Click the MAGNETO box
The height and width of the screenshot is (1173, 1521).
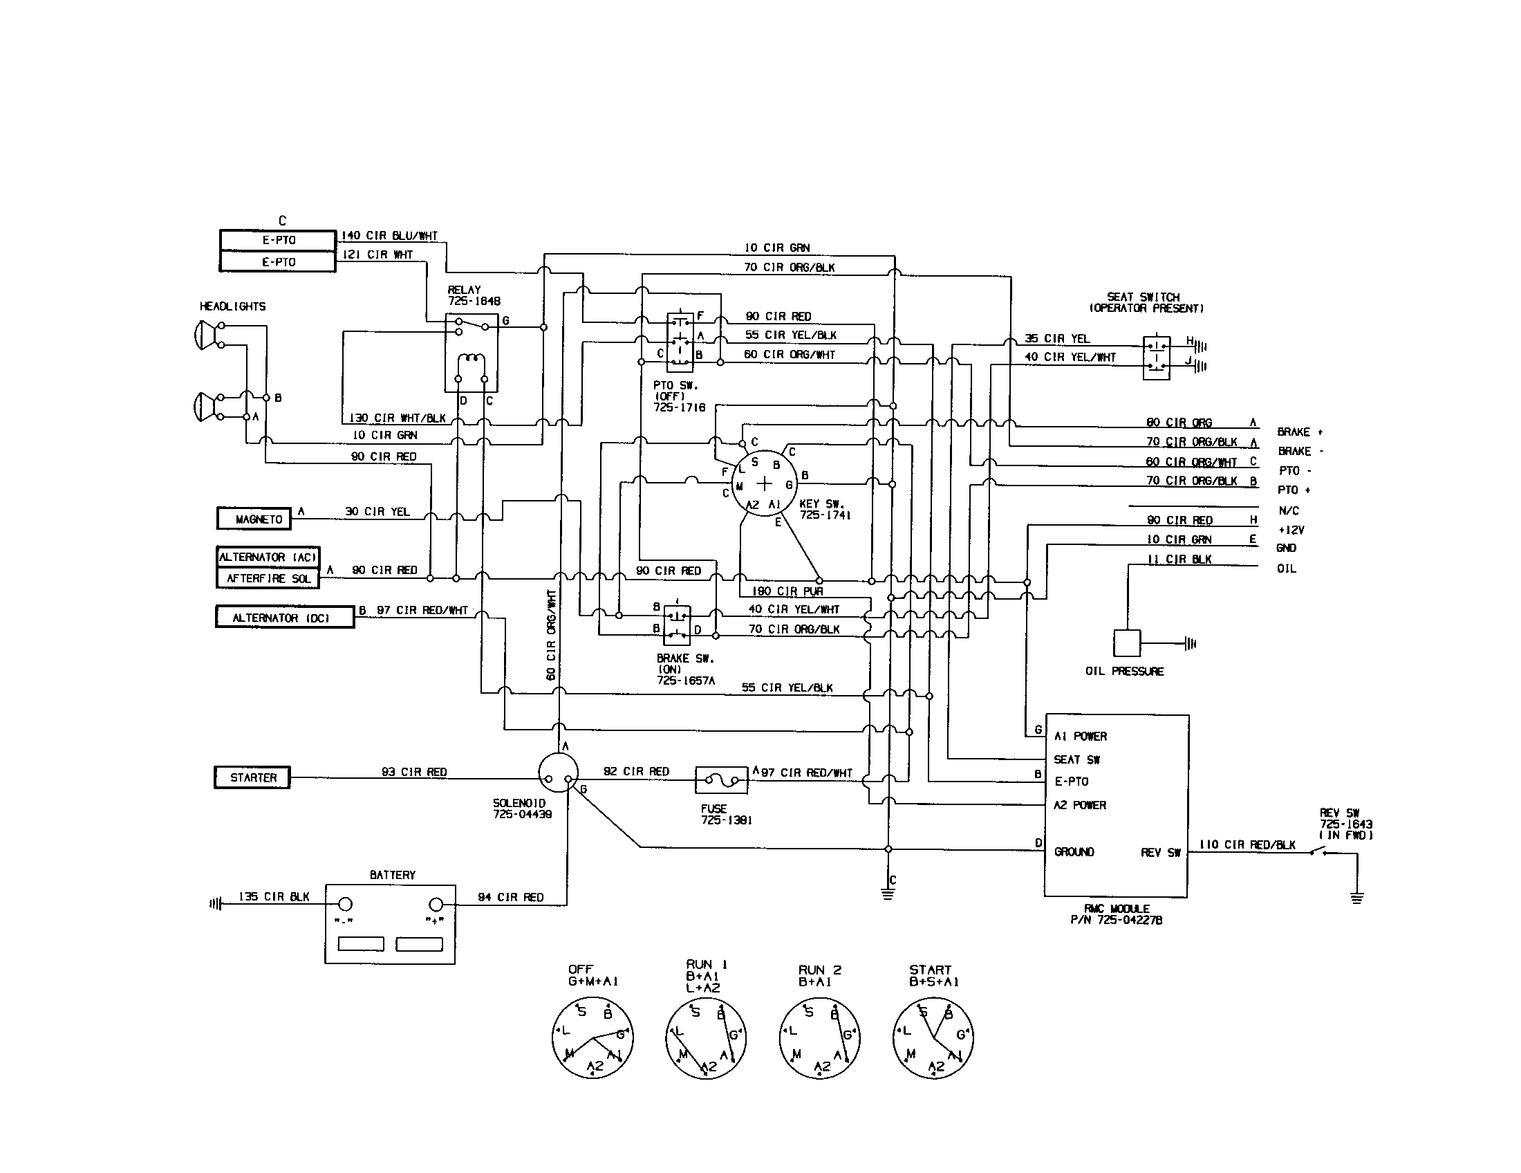coord(259,519)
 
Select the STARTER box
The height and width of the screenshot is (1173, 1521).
coord(252,777)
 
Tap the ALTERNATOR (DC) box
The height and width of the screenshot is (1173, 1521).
coord(284,618)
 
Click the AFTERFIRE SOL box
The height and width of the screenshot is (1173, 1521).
coord(268,578)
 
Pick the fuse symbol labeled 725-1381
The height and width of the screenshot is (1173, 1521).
coord(722,781)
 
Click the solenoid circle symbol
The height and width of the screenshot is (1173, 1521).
coord(559,772)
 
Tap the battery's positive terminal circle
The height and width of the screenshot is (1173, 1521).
coord(436,905)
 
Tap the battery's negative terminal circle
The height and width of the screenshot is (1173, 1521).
coord(345,905)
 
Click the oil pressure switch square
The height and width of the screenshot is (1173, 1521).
coord(1126,643)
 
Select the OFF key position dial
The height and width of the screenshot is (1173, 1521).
coord(592,1038)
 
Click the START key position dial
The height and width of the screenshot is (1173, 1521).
coord(933,1038)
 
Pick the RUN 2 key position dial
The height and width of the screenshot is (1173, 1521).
coord(819,1038)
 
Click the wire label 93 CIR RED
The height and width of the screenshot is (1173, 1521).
coord(414,772)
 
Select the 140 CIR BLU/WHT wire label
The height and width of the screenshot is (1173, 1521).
coord(389,236)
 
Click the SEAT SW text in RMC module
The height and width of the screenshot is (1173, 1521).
coord(1076,759)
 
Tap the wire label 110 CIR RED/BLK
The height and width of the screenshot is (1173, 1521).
coord(1247,844)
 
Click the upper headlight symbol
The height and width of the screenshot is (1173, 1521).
coord(203,334)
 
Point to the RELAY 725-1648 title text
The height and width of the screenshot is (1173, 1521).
coord(474,295)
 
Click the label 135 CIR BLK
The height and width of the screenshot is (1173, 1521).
coord(274,896)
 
